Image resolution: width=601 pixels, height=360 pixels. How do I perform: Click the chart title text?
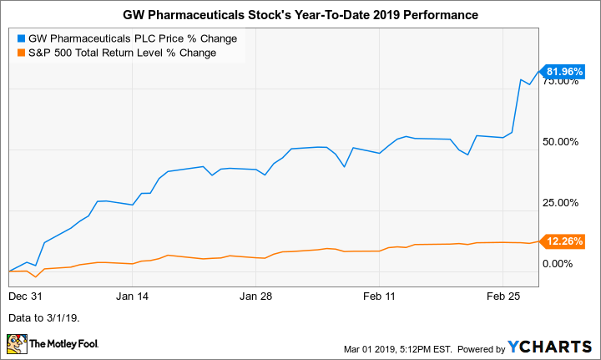[300, 15]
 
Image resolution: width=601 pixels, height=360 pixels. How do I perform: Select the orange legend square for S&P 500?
[20, 53]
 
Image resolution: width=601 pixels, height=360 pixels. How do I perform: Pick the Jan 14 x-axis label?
[133, 296]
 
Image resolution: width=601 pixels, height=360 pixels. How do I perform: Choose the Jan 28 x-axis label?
[256, 296]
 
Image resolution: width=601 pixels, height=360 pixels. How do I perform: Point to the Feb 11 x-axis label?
[380, 296]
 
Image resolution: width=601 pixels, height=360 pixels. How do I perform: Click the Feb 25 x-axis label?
[503, 296]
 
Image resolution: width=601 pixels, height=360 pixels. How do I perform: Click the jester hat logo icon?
[16, 343]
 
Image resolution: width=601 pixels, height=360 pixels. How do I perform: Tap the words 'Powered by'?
[474, 347]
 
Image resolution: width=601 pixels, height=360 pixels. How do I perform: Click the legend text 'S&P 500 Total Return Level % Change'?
[123, 53]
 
